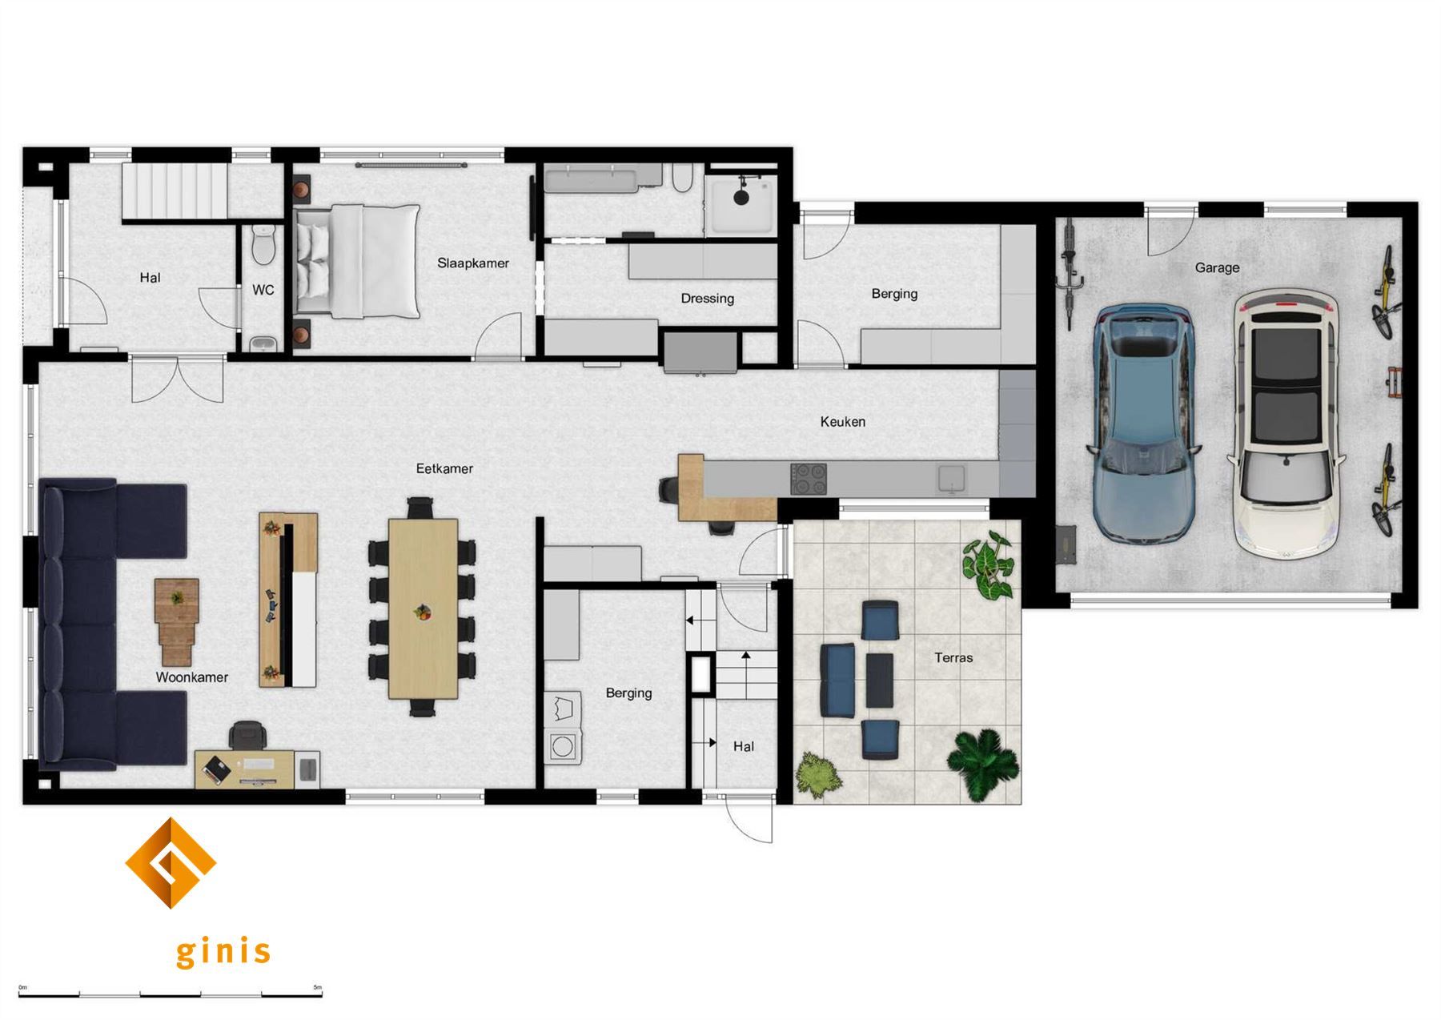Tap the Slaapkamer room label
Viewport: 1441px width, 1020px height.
click(473, 263)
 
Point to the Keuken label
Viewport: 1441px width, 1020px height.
click(842, 421)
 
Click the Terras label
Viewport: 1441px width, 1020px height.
click(953, 657)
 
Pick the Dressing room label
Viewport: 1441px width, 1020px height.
click(707, 299)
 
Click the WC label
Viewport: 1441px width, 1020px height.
click(263, 290)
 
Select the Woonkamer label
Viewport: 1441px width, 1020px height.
click(192, 677)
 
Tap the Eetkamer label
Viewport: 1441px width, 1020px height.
click(444, 468)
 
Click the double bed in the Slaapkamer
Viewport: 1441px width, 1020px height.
click(357, 261)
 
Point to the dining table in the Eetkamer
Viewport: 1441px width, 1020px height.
click(423, 608)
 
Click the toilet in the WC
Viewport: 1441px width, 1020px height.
click(263, 243)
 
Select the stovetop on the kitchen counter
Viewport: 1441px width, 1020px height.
click(809, 480)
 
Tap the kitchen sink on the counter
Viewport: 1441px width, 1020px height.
click(951, 479)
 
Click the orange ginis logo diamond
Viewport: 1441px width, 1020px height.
click(171, 863)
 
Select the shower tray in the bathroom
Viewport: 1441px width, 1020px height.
click(741, 204)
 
